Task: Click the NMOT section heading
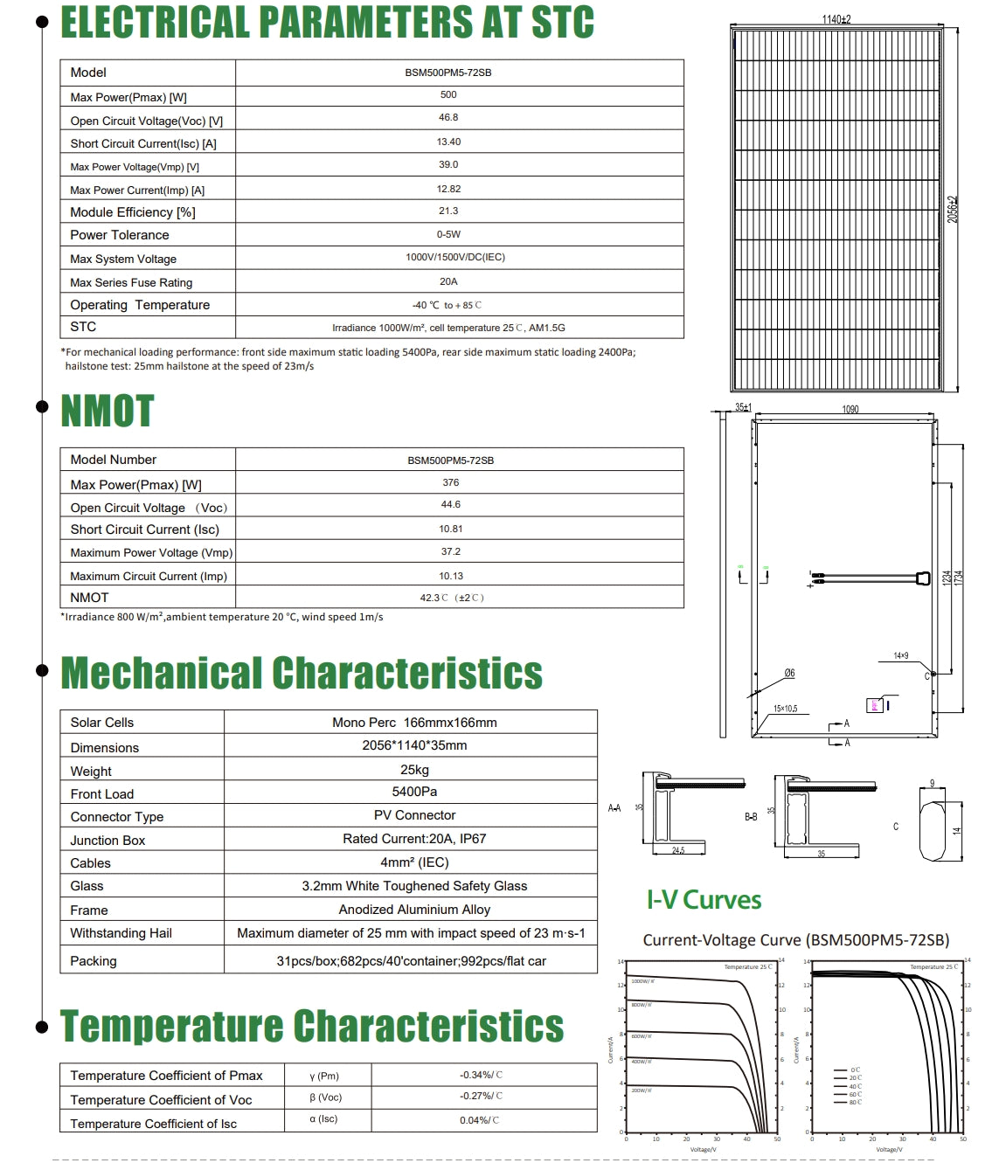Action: coord(107,412)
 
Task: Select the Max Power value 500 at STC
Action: coord(448,95)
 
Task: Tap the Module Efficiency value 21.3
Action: coord(448,211)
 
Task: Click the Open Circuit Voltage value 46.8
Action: coord(448,118)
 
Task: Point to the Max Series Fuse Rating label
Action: coord(131,283)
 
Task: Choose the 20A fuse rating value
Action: coord(448,282)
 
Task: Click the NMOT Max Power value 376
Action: coord(451,483)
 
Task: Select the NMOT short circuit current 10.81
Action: coord(451,530)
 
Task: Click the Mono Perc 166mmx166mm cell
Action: coord(414,723)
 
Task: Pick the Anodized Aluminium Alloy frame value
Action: coord(414,910)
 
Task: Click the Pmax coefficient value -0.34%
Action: coord(481,1076)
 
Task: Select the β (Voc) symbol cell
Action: coord(325,1098)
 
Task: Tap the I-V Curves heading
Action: coord(704,901)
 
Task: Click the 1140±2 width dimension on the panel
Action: coord(836,19)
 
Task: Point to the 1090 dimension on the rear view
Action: coord(850,410)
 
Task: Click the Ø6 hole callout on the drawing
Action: coord(789,674)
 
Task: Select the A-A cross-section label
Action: coord(614,809)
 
